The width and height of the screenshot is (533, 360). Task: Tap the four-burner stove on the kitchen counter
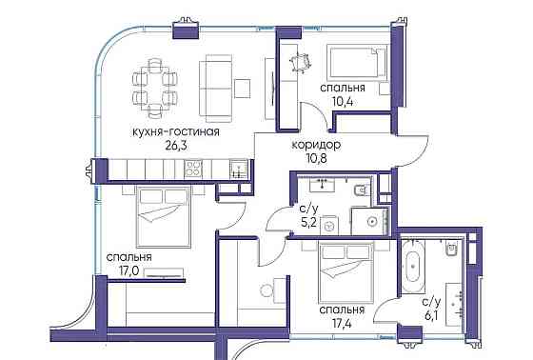pyautogui.click(x=195, y=169)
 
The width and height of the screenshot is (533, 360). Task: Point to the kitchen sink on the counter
pyautogui.click(x=240, y=169)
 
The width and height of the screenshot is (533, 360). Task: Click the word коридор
pyautogui.click(x=316, y=144)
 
